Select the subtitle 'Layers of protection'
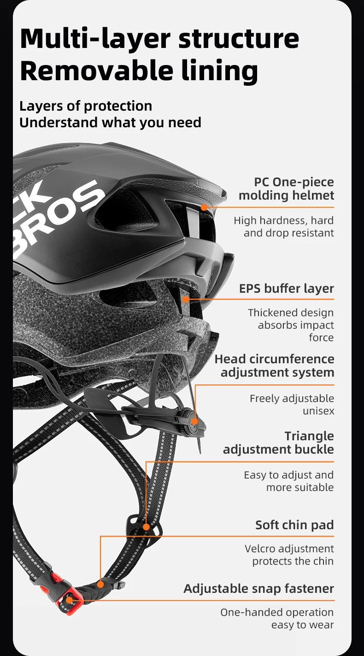tap(86, 106)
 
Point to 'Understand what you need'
tap(110, 123)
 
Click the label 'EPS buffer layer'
tap(286, 289)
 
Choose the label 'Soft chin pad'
tap(294, 525)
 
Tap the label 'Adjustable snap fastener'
tap(258, 588)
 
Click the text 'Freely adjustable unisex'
tap(292, 404)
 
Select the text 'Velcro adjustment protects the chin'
tap(289, 555)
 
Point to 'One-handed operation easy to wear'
tap(277, 618)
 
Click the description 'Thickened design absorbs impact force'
tap(291, 325)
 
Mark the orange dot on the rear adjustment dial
tap(195, 421)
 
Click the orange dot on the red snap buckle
tap(69, 600)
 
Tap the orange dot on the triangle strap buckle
tap(146, 526)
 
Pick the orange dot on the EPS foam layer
tap(186, 299)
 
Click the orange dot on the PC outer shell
tap(204, 207)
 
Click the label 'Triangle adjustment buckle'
tap(278, 443)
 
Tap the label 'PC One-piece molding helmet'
tap(286, 189)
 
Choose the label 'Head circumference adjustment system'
tap(275, 365)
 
